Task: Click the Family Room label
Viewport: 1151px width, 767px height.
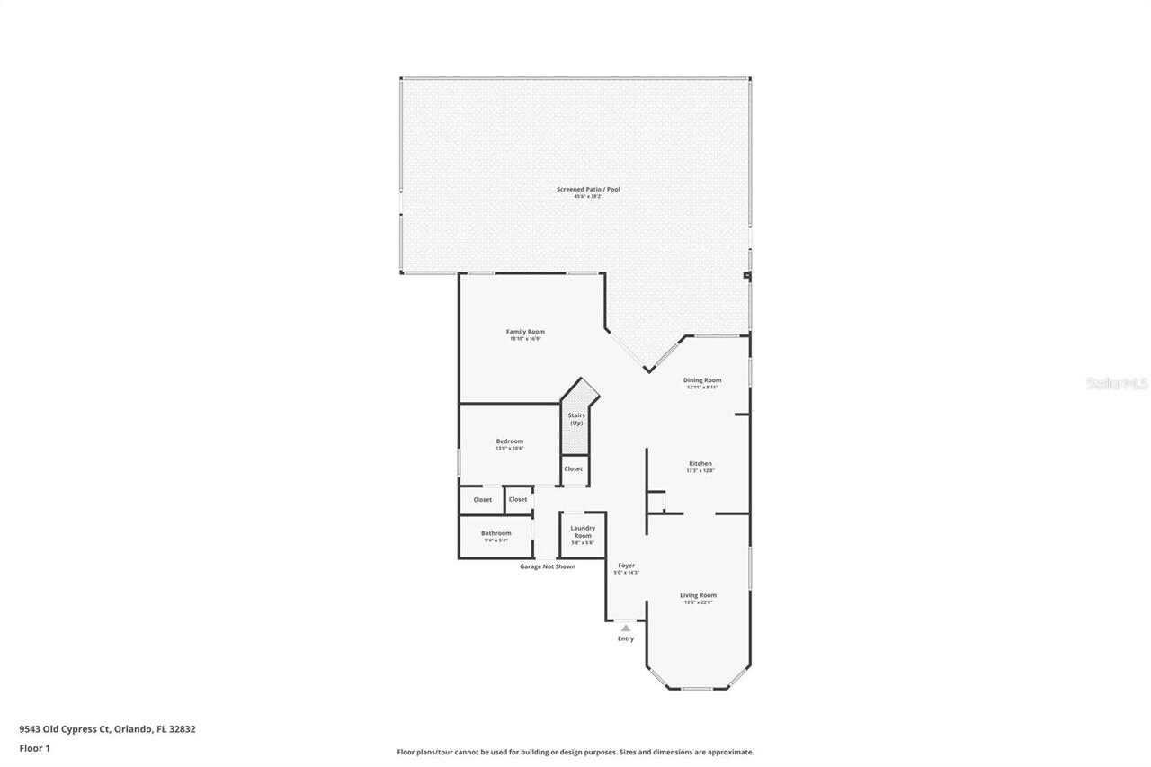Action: coord(525,332)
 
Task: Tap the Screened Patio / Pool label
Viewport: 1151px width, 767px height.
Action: coord(588,190)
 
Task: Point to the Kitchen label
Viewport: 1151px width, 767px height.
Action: coord(700,464)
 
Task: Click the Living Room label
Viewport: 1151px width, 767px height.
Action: coord(698,595)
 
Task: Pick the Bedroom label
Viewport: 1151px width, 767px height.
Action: coord(509,441)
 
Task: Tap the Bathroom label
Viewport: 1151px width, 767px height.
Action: coord(495,533)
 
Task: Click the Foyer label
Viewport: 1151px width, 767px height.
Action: coord(626,566)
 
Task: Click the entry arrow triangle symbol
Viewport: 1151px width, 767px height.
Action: coord(626,628)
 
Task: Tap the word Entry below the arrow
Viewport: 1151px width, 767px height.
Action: coord(626,639)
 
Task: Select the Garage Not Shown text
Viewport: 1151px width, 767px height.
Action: coord(548,566)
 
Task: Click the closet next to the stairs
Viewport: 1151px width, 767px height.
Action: coord(573,469)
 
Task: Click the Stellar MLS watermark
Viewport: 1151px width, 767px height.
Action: coord(1117,384)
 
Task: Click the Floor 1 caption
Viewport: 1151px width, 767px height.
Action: coord(35,748)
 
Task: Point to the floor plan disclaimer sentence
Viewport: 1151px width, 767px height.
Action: coord(575,752)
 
